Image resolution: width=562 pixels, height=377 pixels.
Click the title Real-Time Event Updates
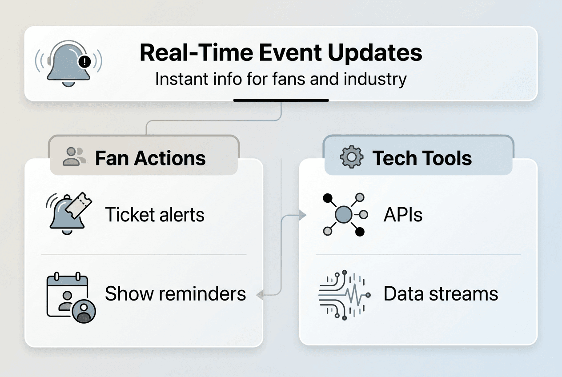281,53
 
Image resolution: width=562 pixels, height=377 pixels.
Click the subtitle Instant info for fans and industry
281,79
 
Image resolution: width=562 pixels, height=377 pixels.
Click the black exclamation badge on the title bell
84,62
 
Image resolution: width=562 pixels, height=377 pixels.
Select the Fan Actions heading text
150,158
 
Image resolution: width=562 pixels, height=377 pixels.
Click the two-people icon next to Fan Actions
74,156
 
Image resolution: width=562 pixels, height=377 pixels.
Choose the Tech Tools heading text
422,158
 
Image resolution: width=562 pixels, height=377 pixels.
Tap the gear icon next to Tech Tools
351,157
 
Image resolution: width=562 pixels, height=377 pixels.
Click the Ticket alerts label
155,215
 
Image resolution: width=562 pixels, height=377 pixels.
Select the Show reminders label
175,294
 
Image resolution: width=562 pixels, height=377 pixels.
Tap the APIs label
403,215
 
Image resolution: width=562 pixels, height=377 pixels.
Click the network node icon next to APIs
343,215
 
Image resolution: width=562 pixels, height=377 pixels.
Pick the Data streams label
441,294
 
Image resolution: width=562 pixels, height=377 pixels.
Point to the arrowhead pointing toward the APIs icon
303,216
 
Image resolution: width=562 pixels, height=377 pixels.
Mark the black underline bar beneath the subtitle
281,100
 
